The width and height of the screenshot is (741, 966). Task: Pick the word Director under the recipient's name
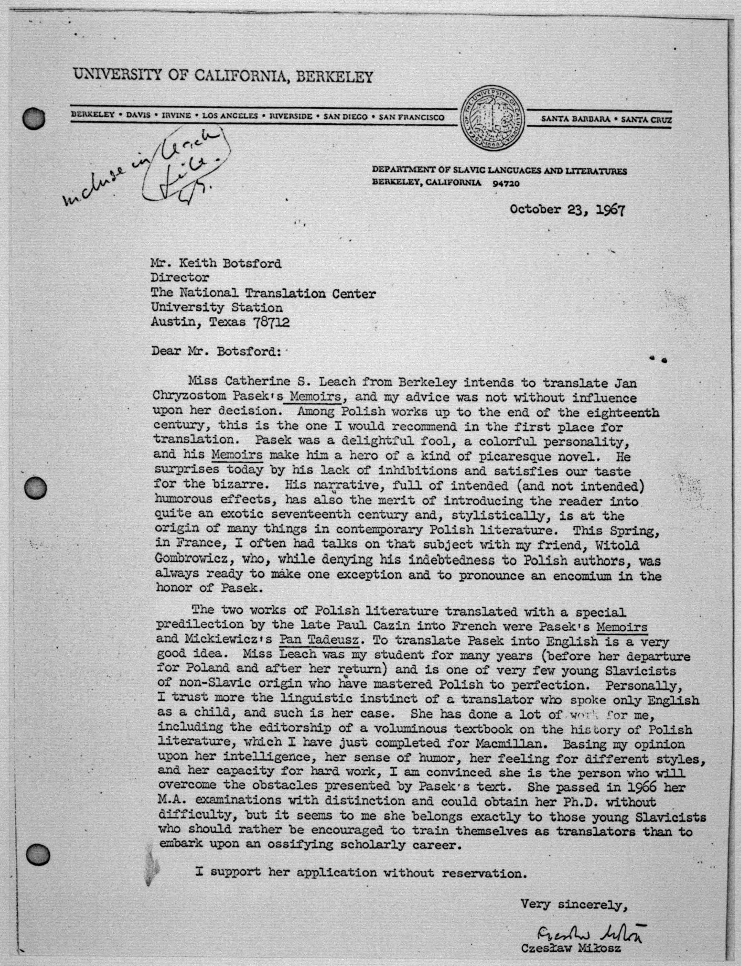click(x=180, y=278)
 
